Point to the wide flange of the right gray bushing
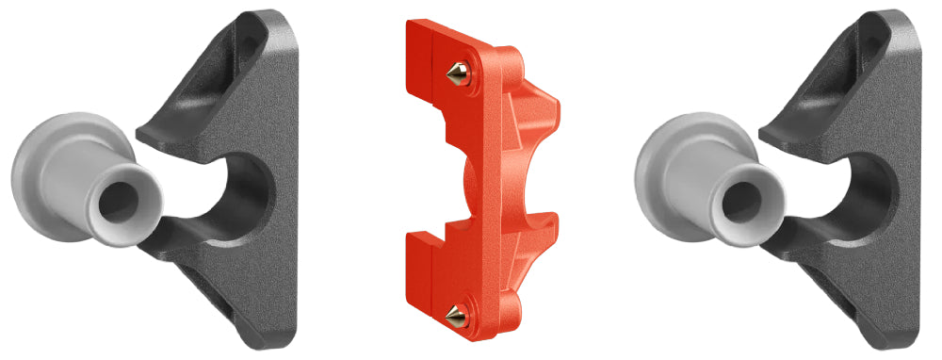click(664, 170)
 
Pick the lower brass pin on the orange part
click(455, 315)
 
